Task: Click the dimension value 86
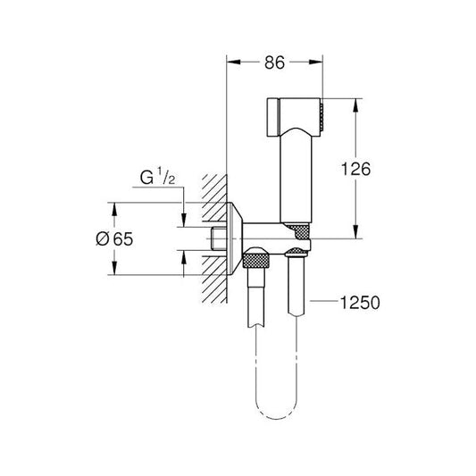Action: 274,63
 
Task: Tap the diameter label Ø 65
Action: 89,238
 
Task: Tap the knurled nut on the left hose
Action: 256,260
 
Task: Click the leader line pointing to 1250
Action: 325,305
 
